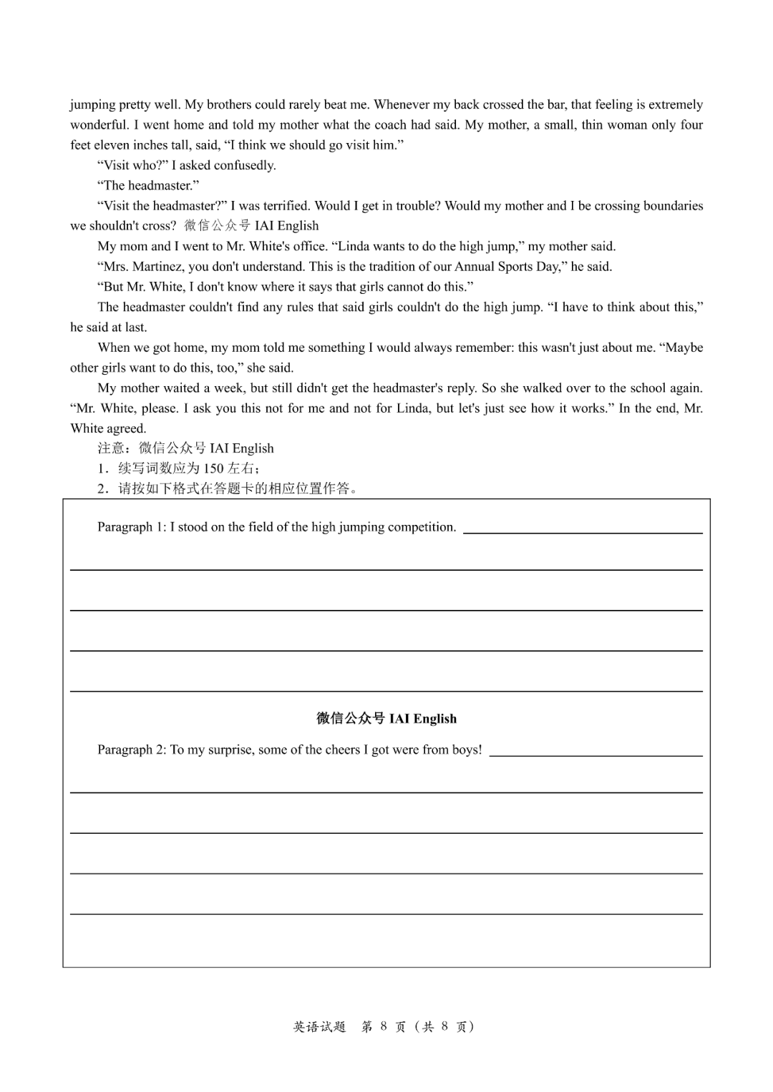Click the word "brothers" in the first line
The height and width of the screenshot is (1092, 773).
[229, 104]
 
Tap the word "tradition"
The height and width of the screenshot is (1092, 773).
[391, 267]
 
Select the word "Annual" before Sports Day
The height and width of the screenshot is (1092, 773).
[475, 267]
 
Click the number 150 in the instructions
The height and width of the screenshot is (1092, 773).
[213, 469]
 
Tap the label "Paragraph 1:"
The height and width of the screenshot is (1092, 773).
[132, 527]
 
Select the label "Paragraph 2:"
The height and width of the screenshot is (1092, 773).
[132, 750]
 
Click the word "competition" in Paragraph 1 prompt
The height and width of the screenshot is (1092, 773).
[422, 527]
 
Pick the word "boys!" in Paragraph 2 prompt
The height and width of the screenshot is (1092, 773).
[467, 750]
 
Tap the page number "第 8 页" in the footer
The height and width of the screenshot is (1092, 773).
[384, 1027]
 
